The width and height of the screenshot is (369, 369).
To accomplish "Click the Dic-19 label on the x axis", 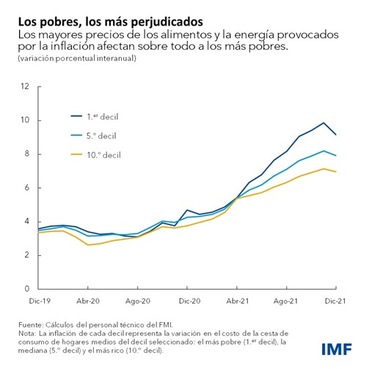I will coord(38,301).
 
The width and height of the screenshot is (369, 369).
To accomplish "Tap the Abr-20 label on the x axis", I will coord(88,301).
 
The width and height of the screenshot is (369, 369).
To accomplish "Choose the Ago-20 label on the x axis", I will coord(138,301).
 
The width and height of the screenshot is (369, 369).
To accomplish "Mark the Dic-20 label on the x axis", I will coord(189,301).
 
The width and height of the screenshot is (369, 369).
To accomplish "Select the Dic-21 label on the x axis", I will coord(336,301).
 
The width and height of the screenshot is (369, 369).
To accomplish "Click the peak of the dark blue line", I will coord(324,123).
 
